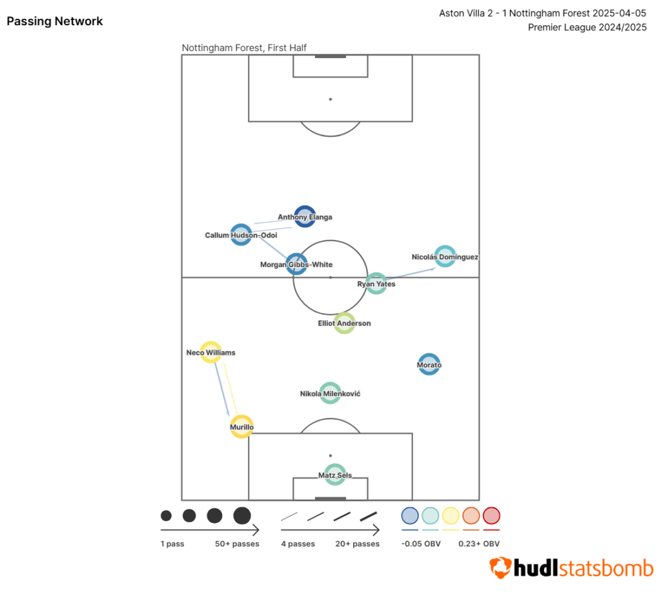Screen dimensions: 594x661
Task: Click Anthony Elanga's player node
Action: point(305,217)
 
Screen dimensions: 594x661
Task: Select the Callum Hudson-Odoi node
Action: point(241,235)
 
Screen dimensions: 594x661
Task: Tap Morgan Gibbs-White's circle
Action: point(296,264)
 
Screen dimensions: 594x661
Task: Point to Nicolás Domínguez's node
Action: point(445,257)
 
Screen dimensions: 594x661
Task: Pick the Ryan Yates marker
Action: point(376,283)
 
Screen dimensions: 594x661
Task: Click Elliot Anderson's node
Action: point(344,322)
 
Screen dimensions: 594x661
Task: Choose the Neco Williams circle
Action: point(211,352)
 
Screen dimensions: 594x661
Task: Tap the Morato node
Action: point(429,364)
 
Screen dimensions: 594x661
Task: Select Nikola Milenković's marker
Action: point(330,393)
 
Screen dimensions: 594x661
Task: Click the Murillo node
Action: point(241,427)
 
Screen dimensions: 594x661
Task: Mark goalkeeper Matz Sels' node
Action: point(334,475)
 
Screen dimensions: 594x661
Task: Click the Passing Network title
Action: point(55,21)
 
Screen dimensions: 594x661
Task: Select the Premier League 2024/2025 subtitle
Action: point(587,27)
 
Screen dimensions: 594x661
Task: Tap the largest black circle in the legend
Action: point(242,515)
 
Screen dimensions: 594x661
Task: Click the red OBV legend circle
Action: point(491,515)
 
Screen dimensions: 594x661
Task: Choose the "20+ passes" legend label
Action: point(357,544)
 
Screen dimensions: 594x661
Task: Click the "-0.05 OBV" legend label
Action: point(421,544)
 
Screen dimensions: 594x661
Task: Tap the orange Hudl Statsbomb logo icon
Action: point(500,568)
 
